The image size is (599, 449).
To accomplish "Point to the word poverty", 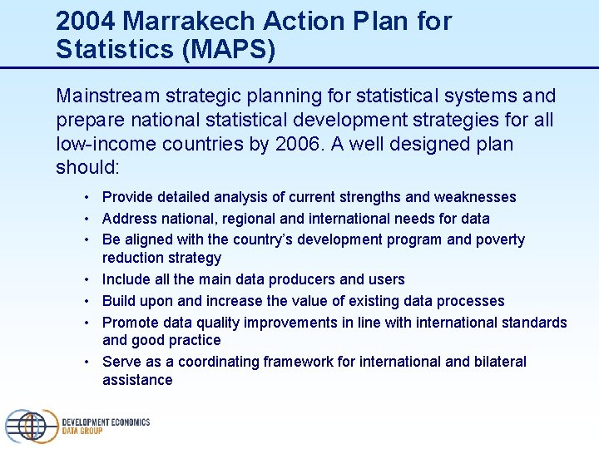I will coord(499,239).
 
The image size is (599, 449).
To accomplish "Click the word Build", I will coord(118,301).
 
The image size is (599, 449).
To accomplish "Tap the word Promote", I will coord(129,322).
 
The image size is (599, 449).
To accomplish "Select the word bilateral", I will coord(498,362).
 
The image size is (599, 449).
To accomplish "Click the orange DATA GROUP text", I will coord(82,432).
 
